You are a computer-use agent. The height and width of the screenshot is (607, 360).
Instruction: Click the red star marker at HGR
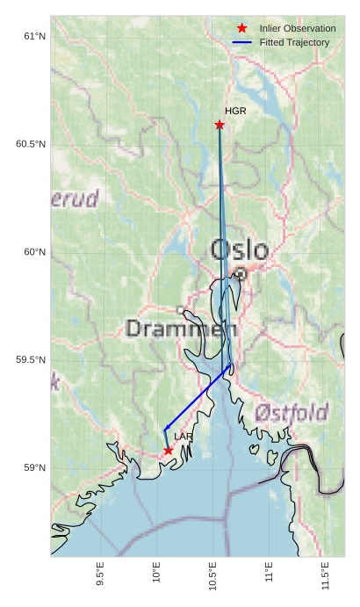pos(220,125)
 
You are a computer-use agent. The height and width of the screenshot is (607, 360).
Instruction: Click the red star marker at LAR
pos(168,451)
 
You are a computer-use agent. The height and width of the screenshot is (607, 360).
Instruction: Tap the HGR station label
pos(235,112)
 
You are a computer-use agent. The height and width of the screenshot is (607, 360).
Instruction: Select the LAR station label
pos(183,437)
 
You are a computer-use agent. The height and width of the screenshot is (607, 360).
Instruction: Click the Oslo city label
pos(240,250)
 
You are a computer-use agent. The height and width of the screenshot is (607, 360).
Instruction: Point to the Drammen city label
pos(182,329)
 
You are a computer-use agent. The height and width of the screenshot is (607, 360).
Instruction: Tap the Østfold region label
pos(292,412)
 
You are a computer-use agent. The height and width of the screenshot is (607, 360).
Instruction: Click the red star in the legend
pos(242,29)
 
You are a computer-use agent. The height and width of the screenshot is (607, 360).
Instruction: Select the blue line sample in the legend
pos(242,42)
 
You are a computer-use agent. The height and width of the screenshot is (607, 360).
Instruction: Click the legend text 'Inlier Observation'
pos(298,29)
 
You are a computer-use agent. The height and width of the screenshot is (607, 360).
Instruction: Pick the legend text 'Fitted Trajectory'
pos(294,42)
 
